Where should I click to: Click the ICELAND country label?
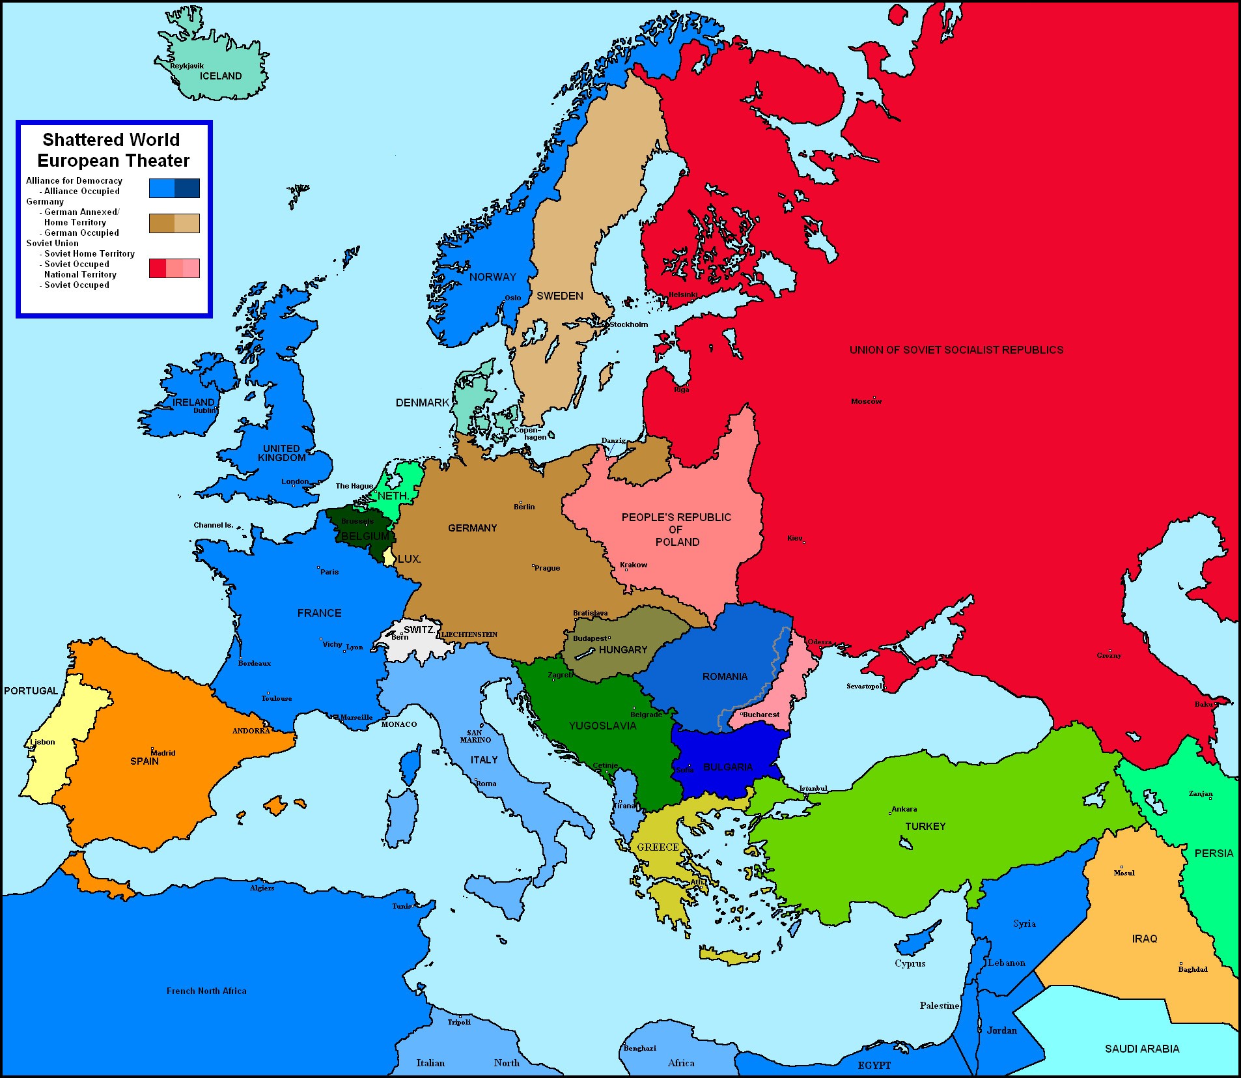(220, 76)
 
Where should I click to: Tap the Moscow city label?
(866, 401)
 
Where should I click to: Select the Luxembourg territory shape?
(389, 557)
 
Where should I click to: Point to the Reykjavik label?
(187, 66)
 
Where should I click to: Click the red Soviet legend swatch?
(158, 268)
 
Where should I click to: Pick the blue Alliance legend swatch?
(162, 188)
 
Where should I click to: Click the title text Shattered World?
(111, 140)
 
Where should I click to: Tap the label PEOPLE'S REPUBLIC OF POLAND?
(676, 529)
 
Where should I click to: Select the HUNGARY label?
(622, 650)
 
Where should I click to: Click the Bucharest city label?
(760, 715)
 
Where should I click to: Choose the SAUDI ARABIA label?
(1141, 1049)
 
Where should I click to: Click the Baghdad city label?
(1192, 969)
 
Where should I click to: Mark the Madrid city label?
(163, 753)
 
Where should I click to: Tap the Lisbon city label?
(43, 742)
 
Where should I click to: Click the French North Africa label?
(206, 991)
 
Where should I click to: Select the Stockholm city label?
(628, 324)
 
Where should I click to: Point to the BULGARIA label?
(727, 767)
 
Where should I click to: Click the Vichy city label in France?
(332, 644)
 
